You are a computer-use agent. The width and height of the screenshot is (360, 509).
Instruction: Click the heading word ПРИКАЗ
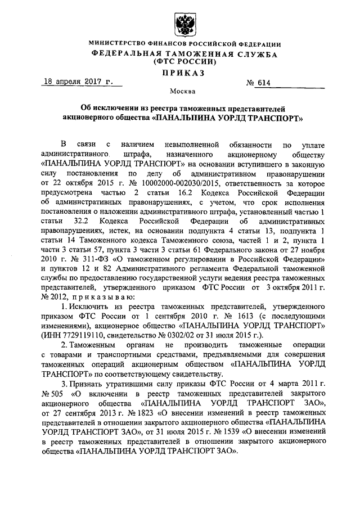click(181, 73)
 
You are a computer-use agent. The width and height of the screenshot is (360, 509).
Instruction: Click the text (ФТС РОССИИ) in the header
click(181, 62)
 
